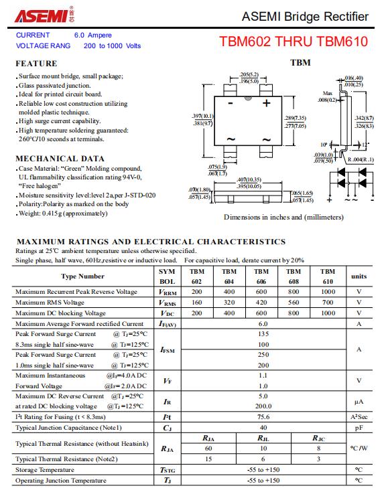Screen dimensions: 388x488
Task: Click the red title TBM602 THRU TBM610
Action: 294,42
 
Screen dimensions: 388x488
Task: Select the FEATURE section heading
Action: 36,64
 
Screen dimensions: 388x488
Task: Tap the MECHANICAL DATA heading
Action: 60,159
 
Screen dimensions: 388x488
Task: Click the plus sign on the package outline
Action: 266,103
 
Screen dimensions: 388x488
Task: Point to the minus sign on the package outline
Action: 231,103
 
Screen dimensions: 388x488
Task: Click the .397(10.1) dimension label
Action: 202,116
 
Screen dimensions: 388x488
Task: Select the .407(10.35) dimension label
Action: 249,179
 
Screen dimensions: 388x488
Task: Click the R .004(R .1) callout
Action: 361,160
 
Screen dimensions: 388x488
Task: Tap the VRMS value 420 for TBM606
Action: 261,302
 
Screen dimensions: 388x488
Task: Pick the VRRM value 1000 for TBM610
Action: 328,292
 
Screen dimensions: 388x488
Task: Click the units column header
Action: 359,276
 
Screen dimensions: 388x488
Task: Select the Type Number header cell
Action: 82,276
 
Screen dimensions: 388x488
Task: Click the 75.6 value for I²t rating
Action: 263,417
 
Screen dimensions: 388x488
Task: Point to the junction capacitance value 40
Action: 263,428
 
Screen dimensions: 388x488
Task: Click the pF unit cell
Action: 359,428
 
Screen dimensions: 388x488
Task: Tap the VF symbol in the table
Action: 167,381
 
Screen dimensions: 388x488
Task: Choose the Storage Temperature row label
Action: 45,470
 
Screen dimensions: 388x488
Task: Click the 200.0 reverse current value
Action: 263,406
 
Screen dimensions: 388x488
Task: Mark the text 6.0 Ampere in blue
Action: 93,35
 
